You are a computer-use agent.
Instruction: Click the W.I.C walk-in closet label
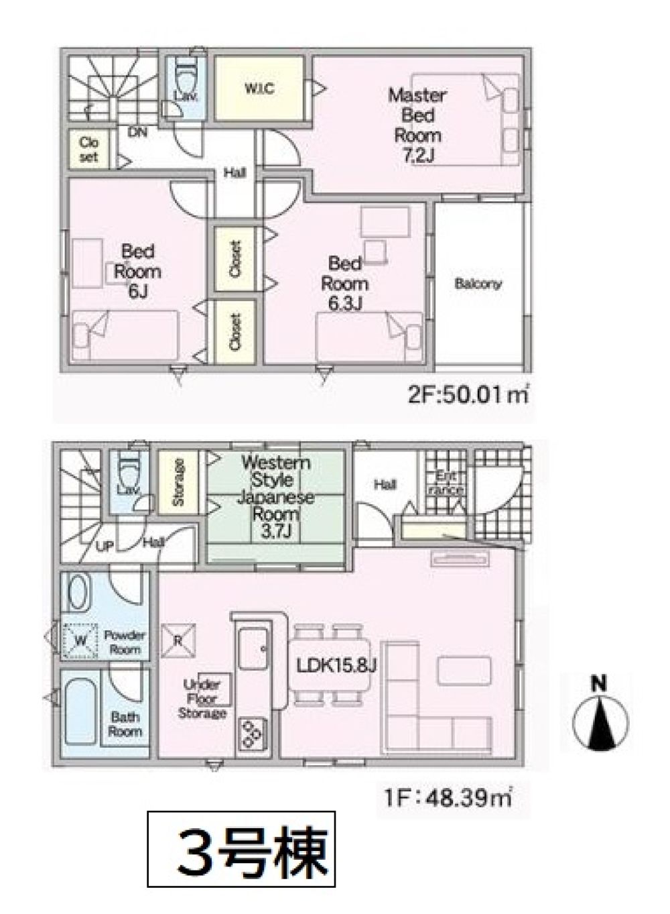coord(259,89)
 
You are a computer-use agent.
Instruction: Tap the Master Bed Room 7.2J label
coord(417,125)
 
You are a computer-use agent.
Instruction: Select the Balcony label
coord(478,284)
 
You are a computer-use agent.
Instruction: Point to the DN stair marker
coord(137,132)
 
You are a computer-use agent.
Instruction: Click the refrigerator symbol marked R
coord(179,640)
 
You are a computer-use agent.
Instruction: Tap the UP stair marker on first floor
coord(105,547)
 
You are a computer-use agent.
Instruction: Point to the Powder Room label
coord(125,642)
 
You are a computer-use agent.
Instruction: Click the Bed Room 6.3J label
coord(344,284)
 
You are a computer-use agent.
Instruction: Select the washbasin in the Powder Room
coord(78,594)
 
